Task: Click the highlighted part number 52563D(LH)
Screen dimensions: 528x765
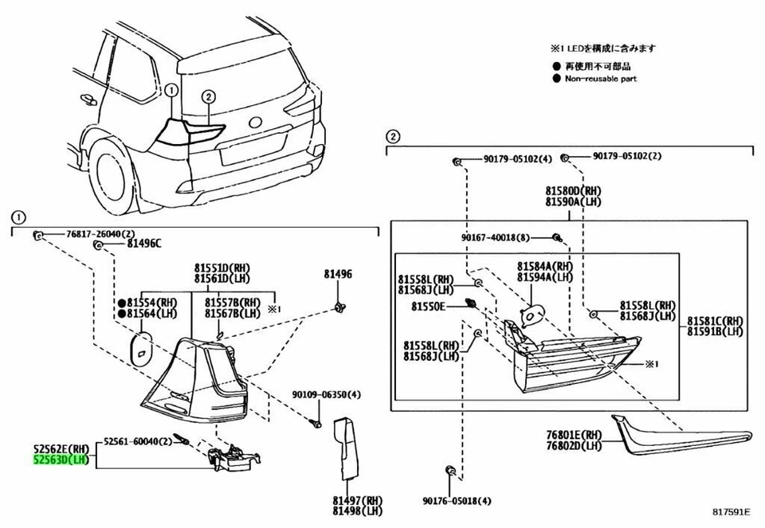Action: pos(61,460)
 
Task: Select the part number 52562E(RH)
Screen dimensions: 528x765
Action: pos(61,448)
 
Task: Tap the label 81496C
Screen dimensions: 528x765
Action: pos(143,244)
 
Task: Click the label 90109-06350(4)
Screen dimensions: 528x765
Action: pos(326,395)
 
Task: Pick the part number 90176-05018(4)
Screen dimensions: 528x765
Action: pos(457,501)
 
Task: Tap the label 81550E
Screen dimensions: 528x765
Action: pos(428,306)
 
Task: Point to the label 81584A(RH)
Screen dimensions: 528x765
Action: pos(544,266)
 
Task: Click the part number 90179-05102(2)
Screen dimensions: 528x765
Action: pos(626,157)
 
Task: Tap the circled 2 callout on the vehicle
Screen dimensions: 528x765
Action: pos(209,96)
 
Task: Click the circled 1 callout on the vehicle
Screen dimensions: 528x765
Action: pos(170,91)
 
